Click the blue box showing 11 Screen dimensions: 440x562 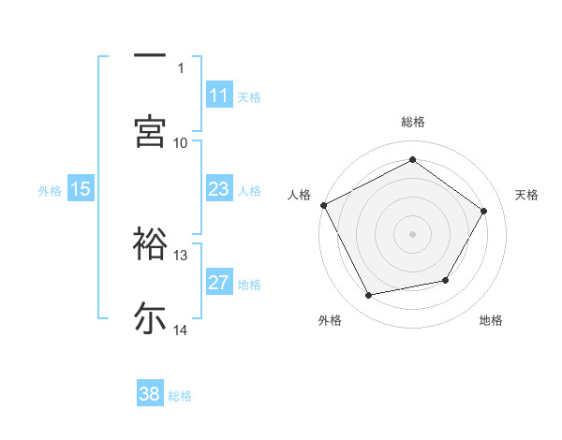coord(219,95)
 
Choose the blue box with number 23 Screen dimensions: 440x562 coord(219,189)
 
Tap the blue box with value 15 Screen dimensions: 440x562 coord(81,189)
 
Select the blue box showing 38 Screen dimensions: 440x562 coord(150,394)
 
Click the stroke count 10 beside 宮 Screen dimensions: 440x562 coord(181,142)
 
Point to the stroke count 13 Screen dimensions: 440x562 coord(181,255)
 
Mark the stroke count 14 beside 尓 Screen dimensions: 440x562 coord(181,330)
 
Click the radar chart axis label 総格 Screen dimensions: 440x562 coord(413,122)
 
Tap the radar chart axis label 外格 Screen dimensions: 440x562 coord(330,320)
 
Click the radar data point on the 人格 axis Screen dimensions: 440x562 coord(323,204)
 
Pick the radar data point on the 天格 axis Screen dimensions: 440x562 coord(484,211)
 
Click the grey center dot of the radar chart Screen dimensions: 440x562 coord(413,233)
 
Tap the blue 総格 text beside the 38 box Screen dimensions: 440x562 coord(180,396)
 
